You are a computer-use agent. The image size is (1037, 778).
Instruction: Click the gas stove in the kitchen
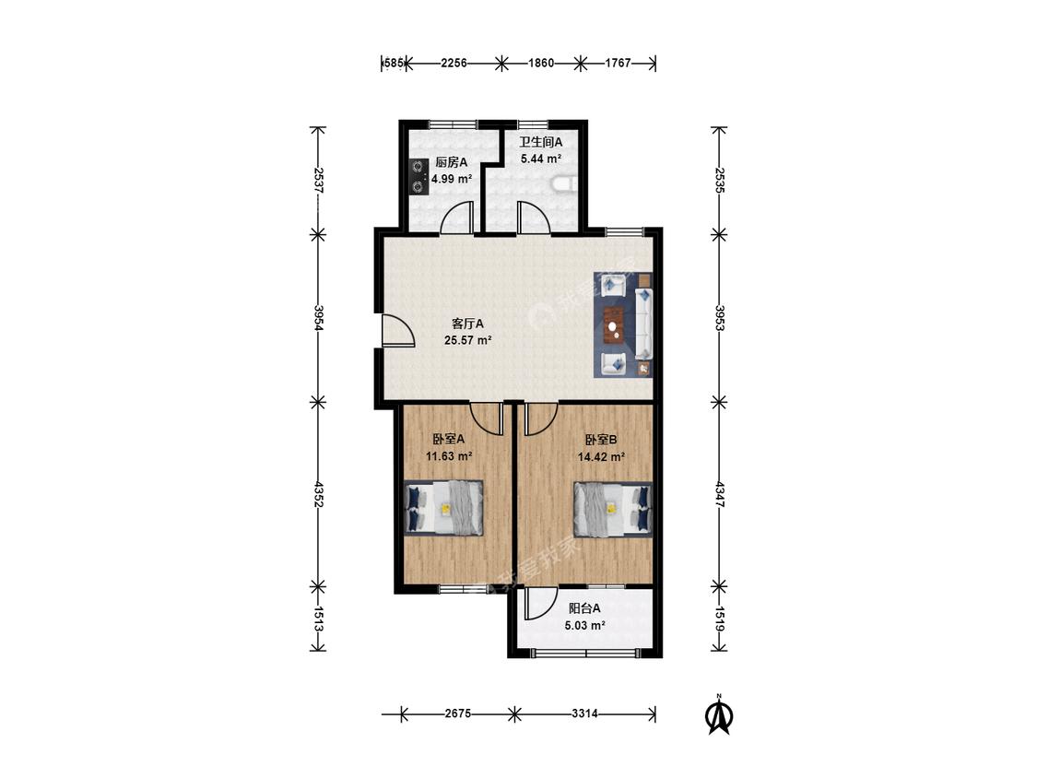[418, 177]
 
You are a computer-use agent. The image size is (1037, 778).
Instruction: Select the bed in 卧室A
[443, 508]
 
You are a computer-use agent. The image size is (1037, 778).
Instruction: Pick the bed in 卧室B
[612, 508]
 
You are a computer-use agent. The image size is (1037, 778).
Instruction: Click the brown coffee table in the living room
[616, 324]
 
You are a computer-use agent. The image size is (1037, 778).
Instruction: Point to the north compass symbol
[719, 713]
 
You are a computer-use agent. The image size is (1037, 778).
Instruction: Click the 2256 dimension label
[454, 64]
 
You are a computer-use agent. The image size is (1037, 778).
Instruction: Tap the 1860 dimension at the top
[541, 64]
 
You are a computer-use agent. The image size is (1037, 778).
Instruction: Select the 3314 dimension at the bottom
[584, 713]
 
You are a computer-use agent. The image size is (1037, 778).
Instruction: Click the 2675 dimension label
[457, 713]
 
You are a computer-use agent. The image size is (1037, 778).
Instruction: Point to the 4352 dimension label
[319, 494]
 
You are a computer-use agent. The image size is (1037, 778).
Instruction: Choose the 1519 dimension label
[720, 619]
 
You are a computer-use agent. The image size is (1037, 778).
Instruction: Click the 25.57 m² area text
[467, 341]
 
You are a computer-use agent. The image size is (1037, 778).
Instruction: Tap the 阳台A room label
[584, 608]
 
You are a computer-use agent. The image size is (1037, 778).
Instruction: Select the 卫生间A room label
[540, 142]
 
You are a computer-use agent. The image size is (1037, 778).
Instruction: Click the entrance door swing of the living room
[397, 330]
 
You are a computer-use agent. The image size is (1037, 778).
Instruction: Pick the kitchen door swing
[457, 217]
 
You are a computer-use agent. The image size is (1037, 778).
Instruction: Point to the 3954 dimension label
[319, 318]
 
